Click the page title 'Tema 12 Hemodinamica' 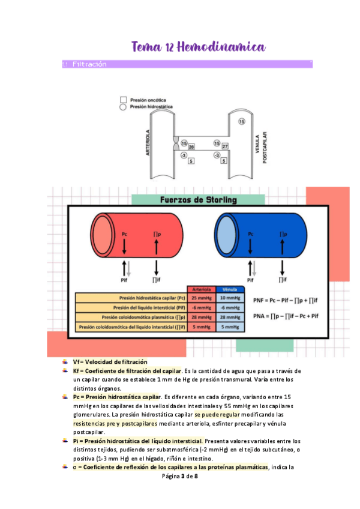[198, 46]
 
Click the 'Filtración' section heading [89, 64]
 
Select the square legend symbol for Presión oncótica [123, 99]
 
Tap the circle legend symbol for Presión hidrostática [123, 106]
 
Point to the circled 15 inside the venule [241, 121]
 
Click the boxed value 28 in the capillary [191, 146]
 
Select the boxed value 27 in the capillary [225, 146]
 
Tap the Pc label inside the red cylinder [124, 233]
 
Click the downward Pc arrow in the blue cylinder [251, 246]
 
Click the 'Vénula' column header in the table [230, 289]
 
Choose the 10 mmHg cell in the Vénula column [230, 298]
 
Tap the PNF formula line [286, 299]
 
